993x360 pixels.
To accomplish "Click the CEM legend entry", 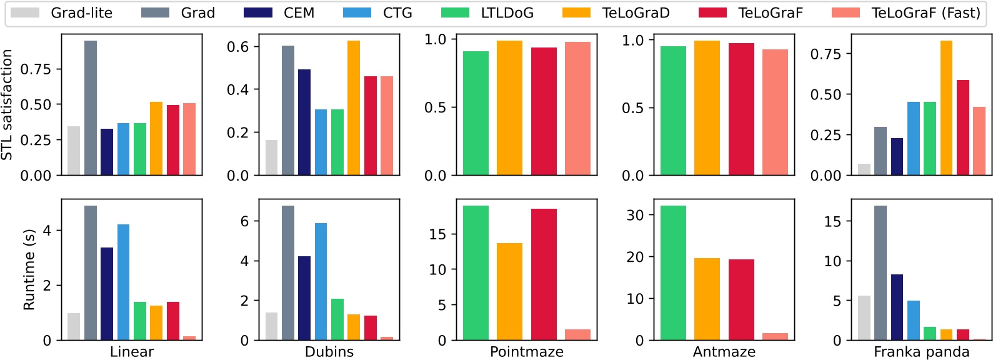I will pyautogui.click(x=281, y=12).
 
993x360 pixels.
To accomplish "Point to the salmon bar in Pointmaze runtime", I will pyautogui.click(x=577, y=335).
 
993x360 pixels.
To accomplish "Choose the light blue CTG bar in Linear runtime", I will pyautogui.click(x=124, y=282).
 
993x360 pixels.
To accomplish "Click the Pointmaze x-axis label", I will pyautogui.click(x=526, y=351).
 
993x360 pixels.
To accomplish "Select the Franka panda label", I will pyautogui.click(x=921, y=351).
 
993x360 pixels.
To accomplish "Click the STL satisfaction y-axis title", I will pyautogui.click(x=7, y=105).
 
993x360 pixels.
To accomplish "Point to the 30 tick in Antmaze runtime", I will pyautogui.click(x=635, y=215).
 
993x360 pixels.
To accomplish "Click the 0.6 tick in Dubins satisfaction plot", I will pyautogui.click(x=237, y=47).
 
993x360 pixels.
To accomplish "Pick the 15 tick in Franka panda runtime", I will pyautogui.click(x=832, y=221).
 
